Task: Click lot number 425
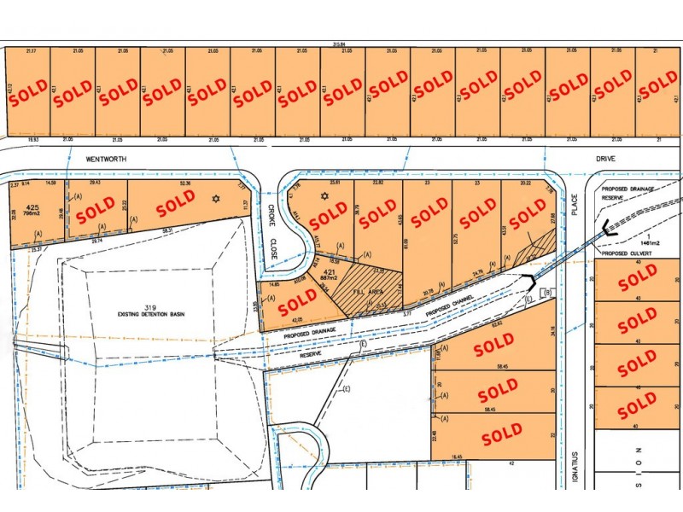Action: point(33,207)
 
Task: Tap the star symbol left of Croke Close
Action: point(216,199)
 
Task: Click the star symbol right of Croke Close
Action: point(323,197)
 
